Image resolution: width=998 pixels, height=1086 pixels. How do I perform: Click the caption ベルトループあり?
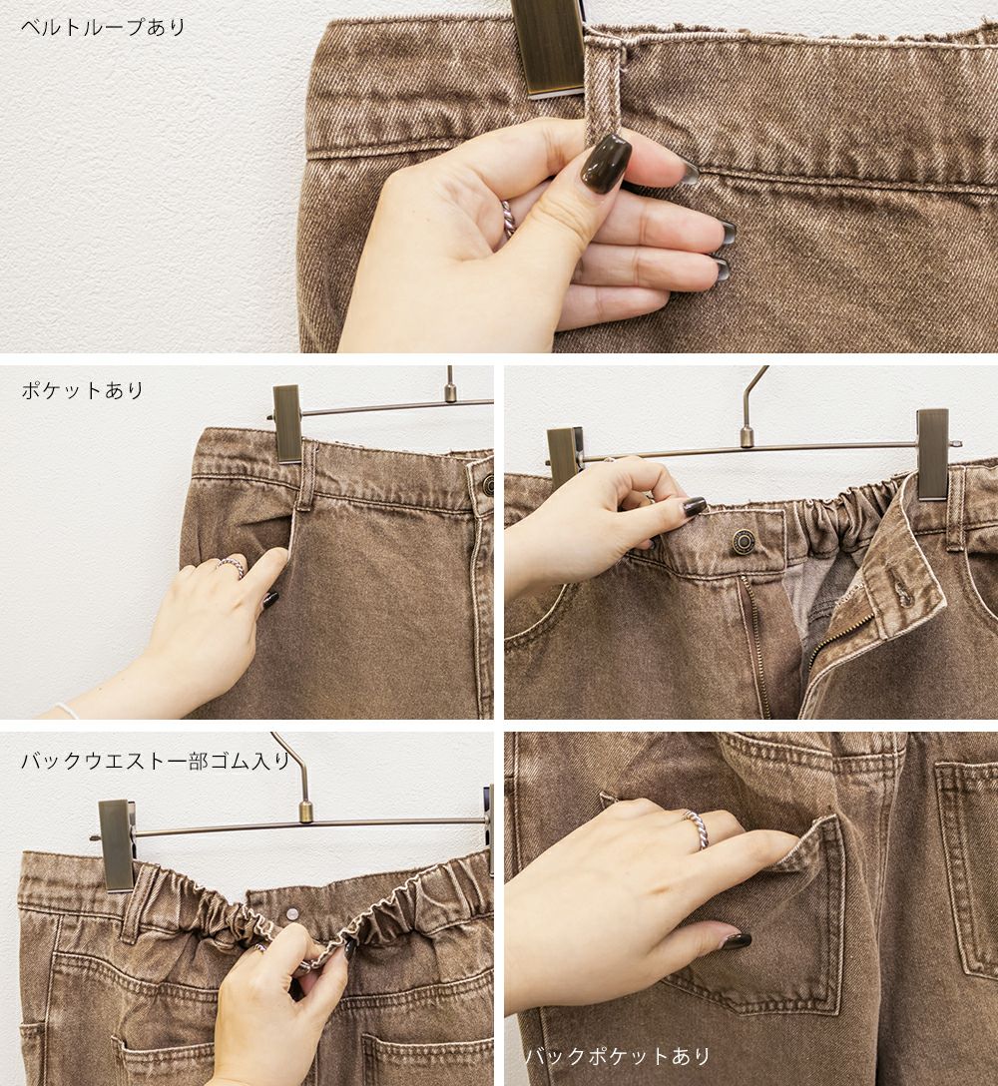tap(103, 27)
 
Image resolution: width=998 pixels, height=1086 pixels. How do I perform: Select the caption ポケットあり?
tap(83, 390)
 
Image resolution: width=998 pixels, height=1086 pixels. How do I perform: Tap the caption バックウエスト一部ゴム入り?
tap(155, 762)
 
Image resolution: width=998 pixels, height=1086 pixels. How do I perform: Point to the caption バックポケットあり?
tap(618, 1055)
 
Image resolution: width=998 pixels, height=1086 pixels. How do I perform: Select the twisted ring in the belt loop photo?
tap(509, 219)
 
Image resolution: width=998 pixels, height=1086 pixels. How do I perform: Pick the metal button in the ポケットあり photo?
tap(487, 484)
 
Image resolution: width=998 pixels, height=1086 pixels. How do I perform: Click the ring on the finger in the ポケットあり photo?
tap(232, 567)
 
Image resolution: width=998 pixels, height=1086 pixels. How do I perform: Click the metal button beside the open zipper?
tap(745, 540)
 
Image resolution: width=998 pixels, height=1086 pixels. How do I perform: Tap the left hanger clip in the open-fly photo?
tap(565, 453)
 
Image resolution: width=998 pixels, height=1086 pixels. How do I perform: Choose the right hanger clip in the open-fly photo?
tap(933, 453)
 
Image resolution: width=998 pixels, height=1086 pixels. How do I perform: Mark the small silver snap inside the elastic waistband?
tap(293, 913)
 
